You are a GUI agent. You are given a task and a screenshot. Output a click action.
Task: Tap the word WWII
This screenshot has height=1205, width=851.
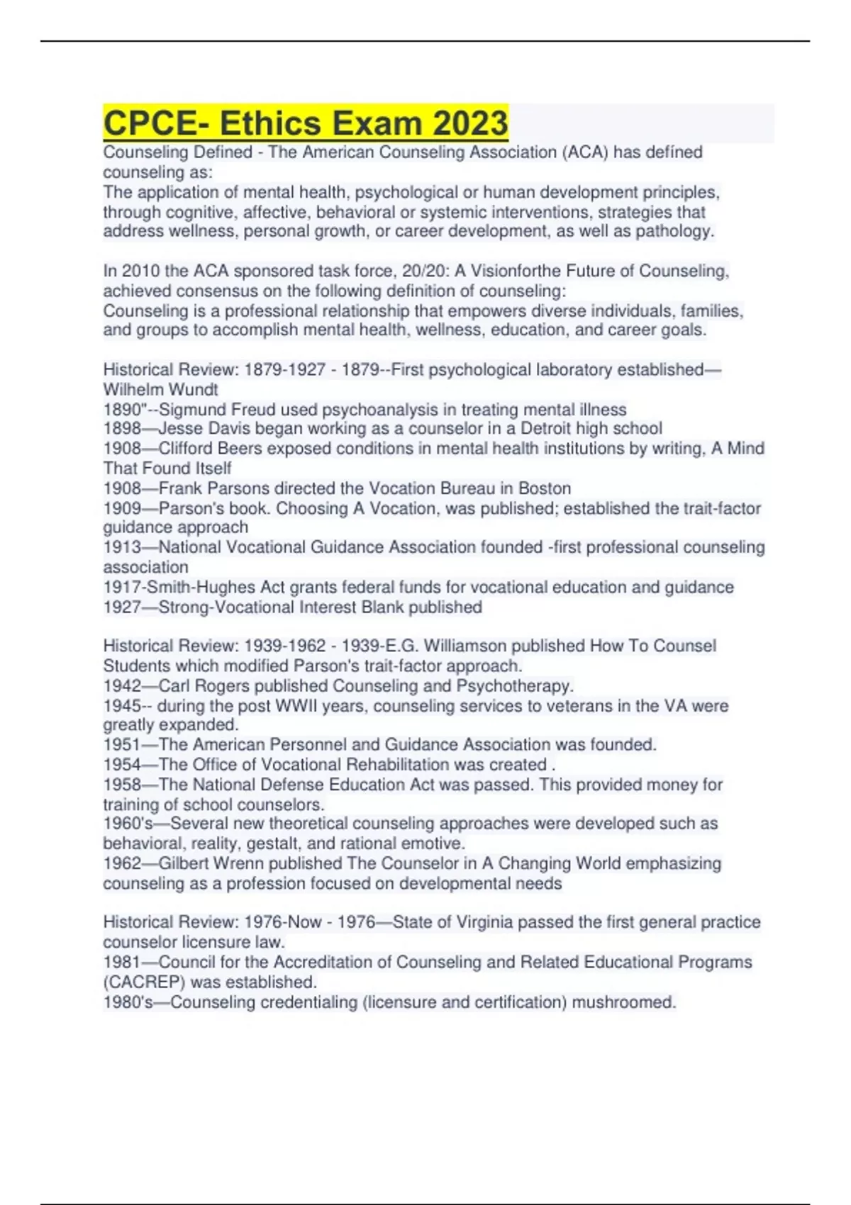[x=298, y=706]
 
